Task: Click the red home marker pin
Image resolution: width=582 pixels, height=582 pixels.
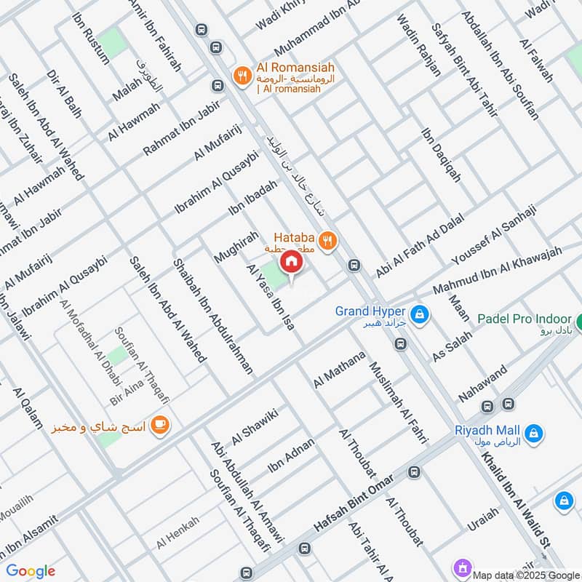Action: [x=290, y=262]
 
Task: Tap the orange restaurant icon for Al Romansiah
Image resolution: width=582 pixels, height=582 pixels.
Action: [x=241, y=75]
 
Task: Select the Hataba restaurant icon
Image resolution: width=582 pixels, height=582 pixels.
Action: [x=328, y=240]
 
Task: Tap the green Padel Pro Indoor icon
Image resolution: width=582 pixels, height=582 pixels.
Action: [x=578, y=321]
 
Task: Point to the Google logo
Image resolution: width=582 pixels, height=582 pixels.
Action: [x=31, y=571]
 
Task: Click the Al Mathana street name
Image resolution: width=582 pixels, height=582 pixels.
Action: [x=338, y=370]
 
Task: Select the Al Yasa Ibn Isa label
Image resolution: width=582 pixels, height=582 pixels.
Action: [x=271, y=298]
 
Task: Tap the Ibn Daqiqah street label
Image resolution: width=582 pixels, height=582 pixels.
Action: [x=441, y=155]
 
